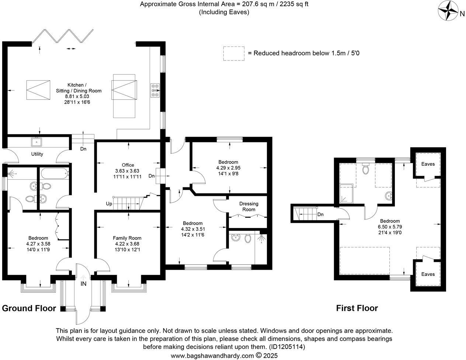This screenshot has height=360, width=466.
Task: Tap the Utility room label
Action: (37, 154)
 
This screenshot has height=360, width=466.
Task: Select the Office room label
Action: (128, 165)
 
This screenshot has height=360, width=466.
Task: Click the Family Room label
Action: (127, 238)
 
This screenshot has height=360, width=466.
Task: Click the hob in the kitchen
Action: (155, 90)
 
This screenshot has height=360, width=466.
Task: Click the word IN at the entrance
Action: (84, 284)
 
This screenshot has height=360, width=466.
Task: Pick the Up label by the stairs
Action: (109, 204)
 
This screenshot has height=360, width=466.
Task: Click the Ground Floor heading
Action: (29, 308)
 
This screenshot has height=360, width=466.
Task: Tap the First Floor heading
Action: (357, 308)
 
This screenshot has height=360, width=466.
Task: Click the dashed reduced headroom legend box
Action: (234, 53)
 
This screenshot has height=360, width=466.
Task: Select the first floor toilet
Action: (366, 169)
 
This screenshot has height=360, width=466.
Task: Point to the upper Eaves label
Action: (428, 164)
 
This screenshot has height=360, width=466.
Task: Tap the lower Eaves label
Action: (428, 274)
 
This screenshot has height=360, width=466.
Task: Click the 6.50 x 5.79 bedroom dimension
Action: (389, 227)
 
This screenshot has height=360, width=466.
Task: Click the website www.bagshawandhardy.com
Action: (213, 356)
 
